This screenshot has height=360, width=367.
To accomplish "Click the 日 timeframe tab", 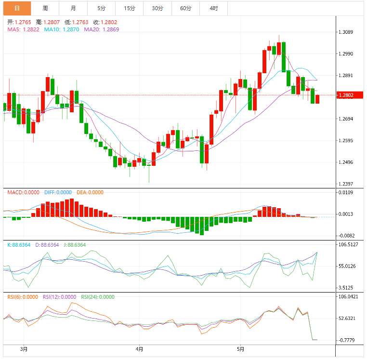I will [x=17, y=8].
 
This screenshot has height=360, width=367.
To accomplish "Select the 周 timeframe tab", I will [x=45, y=8].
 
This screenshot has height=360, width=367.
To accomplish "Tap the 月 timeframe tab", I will [x=73, y=8].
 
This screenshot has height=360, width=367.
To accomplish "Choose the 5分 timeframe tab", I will [x=101, y=8].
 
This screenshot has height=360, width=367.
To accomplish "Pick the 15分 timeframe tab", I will [x=129, y=8].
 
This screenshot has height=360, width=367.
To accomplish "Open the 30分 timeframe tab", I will [x=157, y=8].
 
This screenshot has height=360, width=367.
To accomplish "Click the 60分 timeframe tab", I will [x=185, y=8].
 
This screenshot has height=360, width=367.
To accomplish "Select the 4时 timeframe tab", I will [x=214, y=8].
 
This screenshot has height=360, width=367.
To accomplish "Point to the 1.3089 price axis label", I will [x=346, y=32].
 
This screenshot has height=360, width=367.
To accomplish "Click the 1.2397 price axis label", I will [x=346, y=184].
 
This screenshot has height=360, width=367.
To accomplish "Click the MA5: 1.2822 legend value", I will [x=23, y=29].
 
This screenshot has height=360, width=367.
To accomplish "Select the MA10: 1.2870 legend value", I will [x=62, y=29].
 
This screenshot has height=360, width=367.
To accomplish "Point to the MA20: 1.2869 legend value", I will [x=101, y=29].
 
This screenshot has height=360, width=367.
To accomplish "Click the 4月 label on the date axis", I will [x=139, y=349].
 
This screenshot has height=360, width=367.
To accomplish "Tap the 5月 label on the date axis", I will [x=241, y=349].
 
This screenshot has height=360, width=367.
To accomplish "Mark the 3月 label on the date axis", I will [x=24, y=349].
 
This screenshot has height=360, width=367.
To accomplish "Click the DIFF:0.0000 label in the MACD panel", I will [x=58, y=192].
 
